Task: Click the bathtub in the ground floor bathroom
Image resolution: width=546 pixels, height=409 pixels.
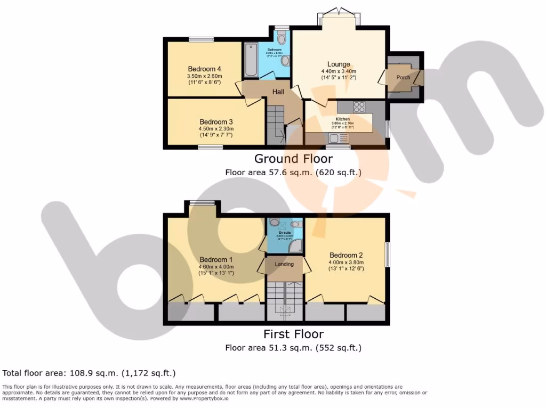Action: click(250, 60)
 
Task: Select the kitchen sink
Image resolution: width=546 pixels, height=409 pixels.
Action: click(336, 138)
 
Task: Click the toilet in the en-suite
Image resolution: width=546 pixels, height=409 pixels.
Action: click(275, 222)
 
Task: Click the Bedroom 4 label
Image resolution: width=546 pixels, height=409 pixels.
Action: click(205, 69)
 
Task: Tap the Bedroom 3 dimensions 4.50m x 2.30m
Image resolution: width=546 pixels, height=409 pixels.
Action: click(216, 128)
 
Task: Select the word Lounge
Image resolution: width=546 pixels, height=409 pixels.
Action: click(339, 64)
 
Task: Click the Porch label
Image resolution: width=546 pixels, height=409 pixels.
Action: click(403, 77)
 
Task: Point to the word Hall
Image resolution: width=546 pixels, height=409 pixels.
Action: click(278, 92)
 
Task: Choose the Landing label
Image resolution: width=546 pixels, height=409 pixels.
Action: click(284, 264)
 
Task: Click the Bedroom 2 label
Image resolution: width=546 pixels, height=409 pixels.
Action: click(346, 255)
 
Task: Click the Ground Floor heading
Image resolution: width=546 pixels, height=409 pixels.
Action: click(293, 158)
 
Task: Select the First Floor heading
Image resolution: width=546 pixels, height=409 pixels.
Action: click(293, 334)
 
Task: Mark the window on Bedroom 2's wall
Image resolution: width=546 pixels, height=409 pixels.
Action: click(388, 255)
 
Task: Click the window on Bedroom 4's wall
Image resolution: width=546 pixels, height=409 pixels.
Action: click(201, 39)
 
